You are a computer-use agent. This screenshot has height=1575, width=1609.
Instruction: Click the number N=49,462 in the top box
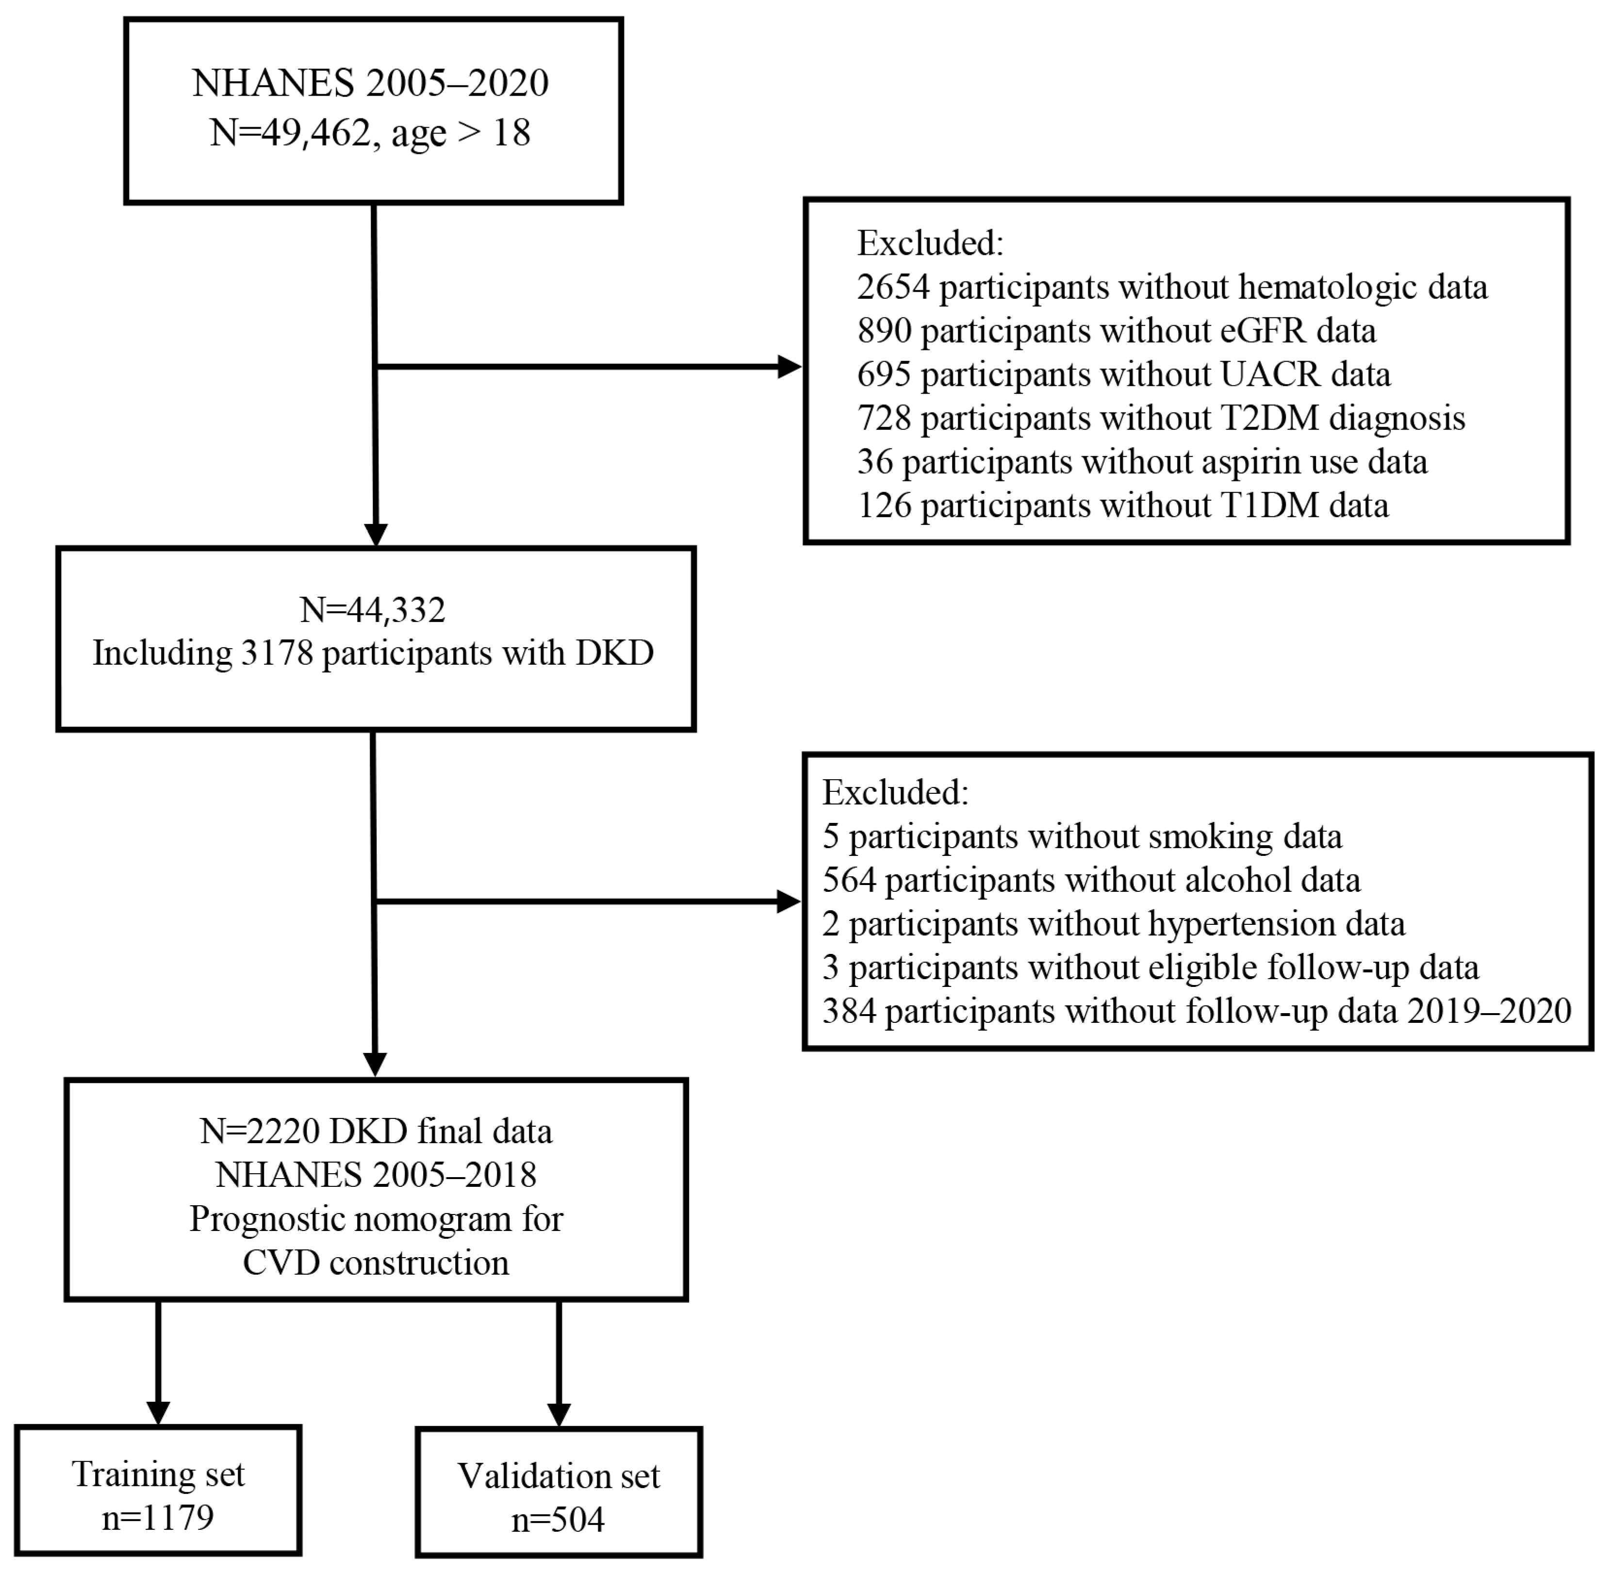click(290, 132)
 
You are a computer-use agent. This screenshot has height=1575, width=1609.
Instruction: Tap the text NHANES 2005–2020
click(371, 82)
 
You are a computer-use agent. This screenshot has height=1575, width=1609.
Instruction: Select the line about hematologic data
click(1171, 287)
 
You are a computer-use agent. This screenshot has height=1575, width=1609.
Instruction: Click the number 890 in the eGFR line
click(884, 331)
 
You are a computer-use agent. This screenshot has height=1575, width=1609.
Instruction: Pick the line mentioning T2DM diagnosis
click(1161, 419)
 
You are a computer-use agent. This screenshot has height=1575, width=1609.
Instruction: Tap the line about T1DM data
click(1123, 506)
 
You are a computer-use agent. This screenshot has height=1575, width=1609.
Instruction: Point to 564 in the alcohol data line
click(848, 880)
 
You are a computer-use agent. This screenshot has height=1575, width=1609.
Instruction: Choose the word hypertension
click(1241, 924)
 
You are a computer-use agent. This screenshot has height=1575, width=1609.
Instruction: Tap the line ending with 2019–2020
click(1196, 1011)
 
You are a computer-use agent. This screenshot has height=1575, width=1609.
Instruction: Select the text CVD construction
click(376, 1263)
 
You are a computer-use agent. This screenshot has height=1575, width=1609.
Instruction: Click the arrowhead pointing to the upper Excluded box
click(789, 366)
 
